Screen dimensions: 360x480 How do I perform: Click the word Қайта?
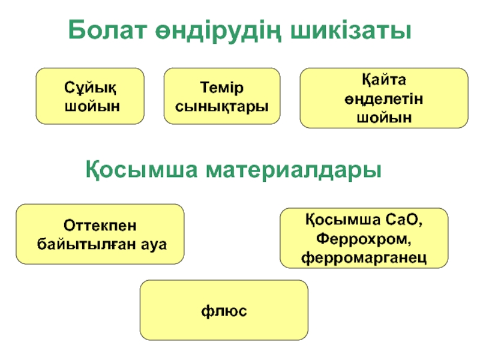coord(384,80)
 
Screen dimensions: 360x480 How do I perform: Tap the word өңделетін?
coord(384,98)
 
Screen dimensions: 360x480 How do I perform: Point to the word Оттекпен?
coord(100,226)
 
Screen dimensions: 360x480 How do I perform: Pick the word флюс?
coord(224,312)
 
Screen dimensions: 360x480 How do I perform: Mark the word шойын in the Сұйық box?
coord(91,106)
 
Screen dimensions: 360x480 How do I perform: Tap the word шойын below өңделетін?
coord(384,116)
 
